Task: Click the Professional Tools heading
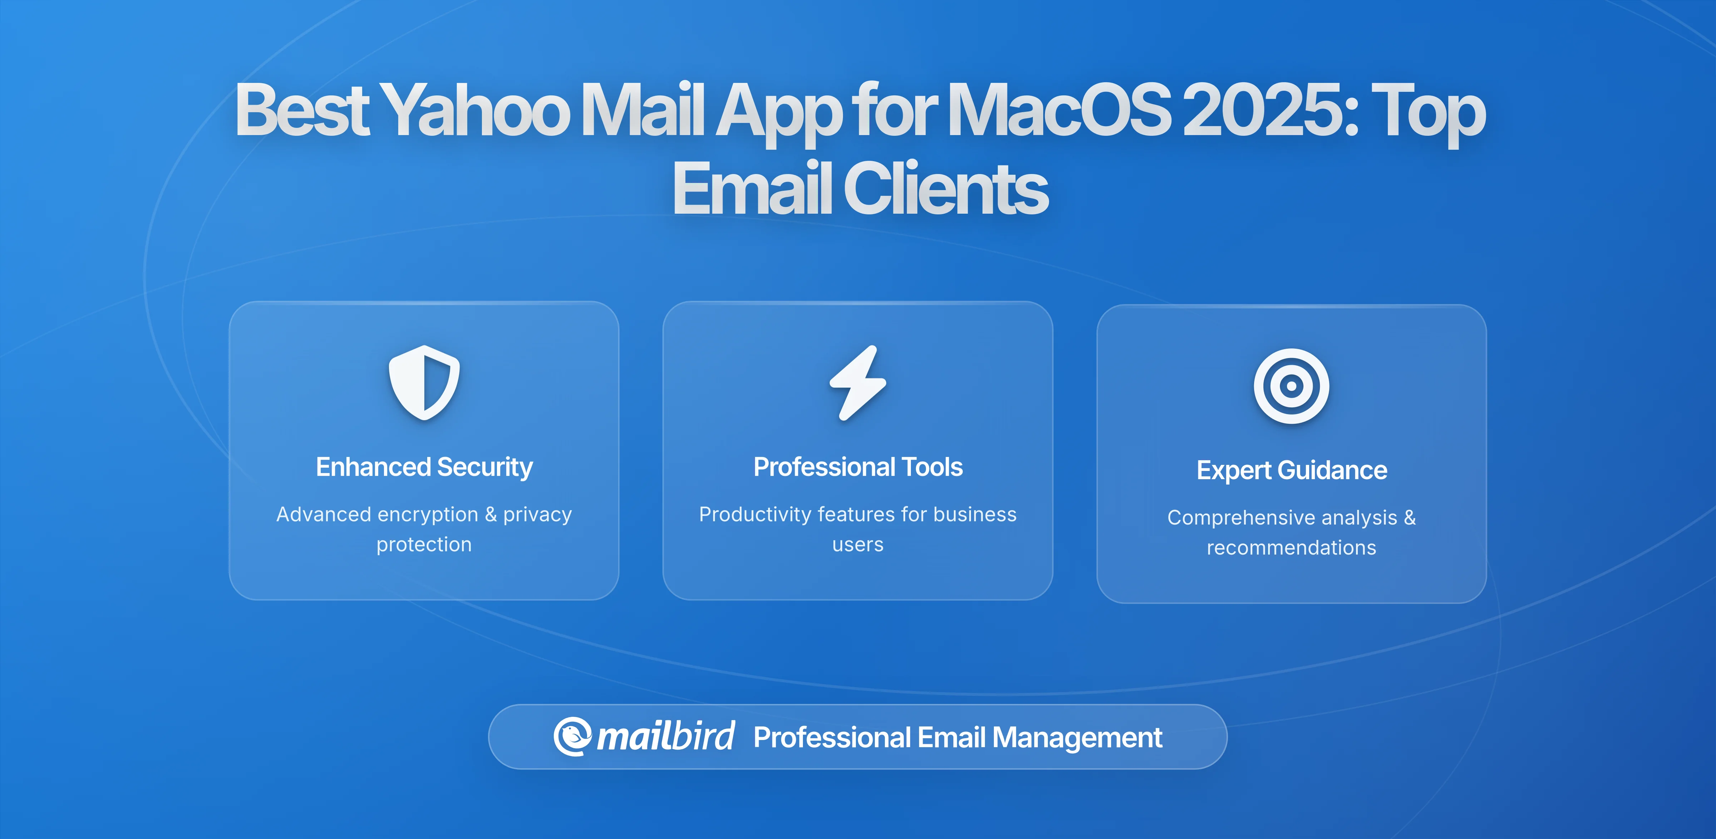point(858,467)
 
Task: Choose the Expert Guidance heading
point(1292,470)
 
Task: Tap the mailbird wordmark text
point(665,736)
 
